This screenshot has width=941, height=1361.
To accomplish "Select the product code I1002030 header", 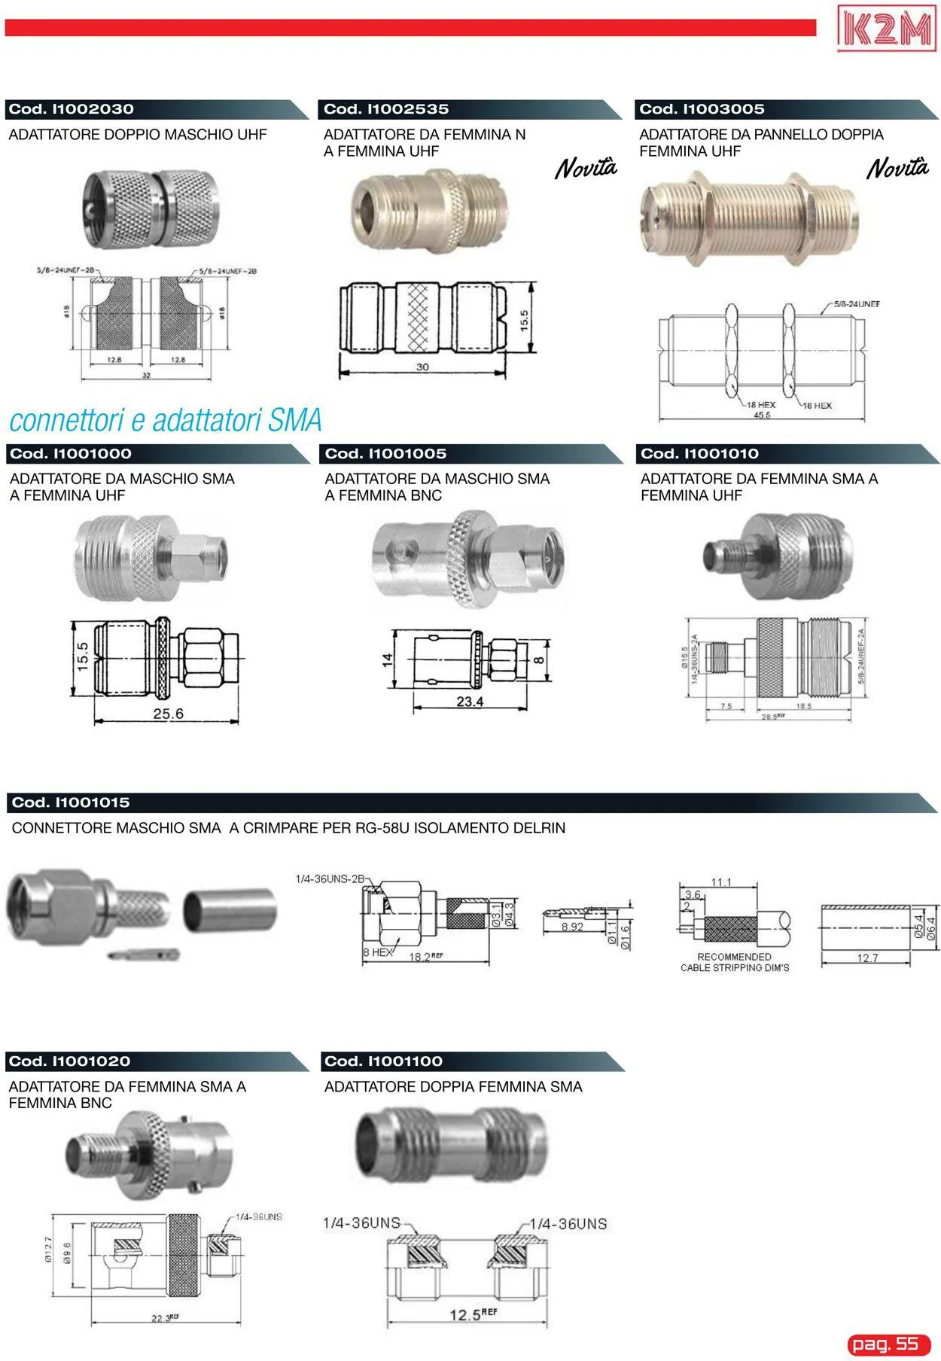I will [x=72, y=109].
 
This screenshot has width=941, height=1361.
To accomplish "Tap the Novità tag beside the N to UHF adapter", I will [x=586, y=168].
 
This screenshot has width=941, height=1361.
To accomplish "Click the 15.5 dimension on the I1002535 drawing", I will [x=525, y=319].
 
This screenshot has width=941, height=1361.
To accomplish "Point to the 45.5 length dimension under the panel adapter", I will [x=761, y=415].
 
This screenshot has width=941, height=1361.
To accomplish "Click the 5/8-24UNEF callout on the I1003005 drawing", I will [x=857, y=304].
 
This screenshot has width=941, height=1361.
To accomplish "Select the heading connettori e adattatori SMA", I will [x=166, y=420].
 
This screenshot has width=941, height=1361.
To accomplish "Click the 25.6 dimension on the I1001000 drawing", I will [x=168, y=713].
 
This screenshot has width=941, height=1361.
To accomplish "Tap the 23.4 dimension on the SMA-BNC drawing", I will [x=470, y=702].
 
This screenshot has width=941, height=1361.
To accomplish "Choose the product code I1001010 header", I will [x=699, y=454].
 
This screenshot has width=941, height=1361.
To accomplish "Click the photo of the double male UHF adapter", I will [x=151, y=208].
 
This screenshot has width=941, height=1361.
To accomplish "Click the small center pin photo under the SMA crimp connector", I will [x=144, y=955].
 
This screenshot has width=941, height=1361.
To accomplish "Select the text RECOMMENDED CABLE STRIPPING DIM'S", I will [x=734, y=962].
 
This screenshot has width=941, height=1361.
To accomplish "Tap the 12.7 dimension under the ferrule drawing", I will [x=866, y=958].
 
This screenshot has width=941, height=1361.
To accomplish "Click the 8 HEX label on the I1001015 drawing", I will [x=377, y=952].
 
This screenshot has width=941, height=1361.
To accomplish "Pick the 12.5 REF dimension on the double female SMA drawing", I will [x=472, y=1314].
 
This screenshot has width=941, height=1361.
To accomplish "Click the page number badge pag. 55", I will [x=888, y=1344].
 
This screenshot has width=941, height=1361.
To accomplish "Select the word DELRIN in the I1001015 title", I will [x=539, y=828].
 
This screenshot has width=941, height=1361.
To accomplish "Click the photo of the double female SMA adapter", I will [x=451, y=1146].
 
